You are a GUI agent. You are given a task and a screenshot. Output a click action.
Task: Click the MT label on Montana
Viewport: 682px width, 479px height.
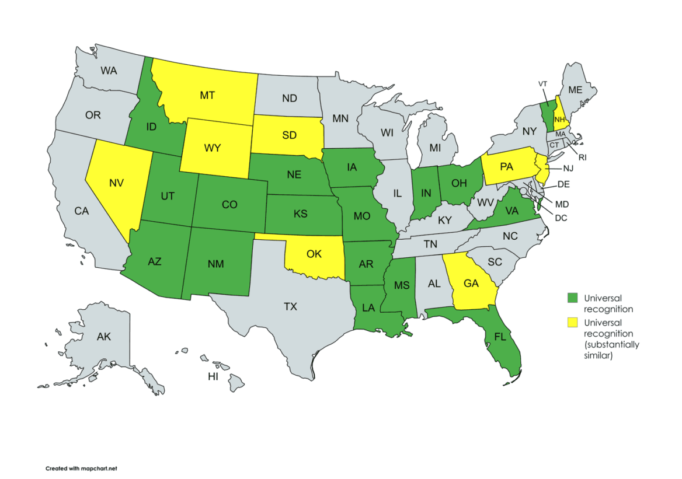click(207, 95)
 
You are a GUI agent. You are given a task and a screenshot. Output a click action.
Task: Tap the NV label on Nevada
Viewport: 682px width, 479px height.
click(117, 183)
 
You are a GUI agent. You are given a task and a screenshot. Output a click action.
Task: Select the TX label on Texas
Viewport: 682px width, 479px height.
click(290, 306)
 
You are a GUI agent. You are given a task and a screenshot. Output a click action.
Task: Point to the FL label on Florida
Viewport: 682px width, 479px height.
click(499, 337)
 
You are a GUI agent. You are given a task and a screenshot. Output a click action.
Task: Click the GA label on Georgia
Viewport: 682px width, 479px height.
click(471, 284)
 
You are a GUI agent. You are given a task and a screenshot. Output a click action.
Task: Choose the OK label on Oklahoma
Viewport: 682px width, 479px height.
click(314, 254)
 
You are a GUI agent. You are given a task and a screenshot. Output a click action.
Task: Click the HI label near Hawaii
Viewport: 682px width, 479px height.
click(213, 377)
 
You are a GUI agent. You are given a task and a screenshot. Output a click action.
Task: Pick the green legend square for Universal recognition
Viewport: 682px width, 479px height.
click(573, 298)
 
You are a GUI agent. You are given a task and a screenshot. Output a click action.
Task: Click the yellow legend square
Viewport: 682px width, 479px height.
click(573, 323)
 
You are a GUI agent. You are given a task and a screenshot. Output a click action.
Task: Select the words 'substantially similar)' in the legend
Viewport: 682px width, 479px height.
click(611, 349)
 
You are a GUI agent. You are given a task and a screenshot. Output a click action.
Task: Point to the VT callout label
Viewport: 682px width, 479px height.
click(542, 83)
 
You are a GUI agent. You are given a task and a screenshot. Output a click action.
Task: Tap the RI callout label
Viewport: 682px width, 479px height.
click(582, 157)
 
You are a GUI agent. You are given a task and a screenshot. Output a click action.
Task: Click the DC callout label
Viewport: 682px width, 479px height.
click(561, 218)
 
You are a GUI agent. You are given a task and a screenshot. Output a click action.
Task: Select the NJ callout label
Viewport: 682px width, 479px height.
click(568, 168)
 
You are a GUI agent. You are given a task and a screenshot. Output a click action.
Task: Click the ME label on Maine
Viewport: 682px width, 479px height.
click(575, 90)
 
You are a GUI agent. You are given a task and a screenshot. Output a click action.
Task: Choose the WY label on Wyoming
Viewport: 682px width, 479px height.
click(213, 148)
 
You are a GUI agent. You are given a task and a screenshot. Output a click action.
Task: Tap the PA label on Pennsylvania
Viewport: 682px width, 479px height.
click(506, 167)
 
